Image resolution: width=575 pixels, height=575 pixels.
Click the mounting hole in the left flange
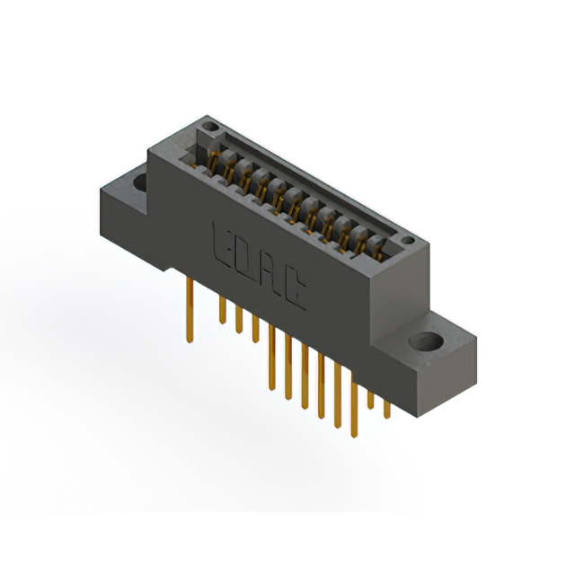click(142, 182)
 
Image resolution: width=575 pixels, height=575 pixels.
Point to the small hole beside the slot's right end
click(407, 240)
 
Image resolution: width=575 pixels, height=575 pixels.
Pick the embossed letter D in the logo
click(243, 255)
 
